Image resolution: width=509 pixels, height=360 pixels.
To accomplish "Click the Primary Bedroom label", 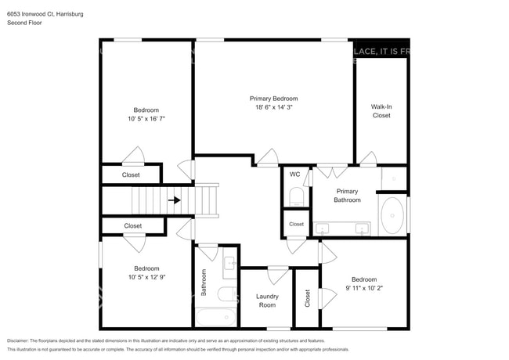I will pyautogui.click(x=273, y=99).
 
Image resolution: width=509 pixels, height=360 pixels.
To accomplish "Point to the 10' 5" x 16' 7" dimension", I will pyautogui.click(x=146, y=119).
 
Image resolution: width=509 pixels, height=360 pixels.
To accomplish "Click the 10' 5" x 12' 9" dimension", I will pyautogui.click(x=146, y=277).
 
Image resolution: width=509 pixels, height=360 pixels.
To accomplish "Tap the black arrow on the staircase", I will pyautogui.click(x=175, y=200).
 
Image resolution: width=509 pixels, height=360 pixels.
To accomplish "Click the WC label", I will pyautogui.click(x=295, y=175).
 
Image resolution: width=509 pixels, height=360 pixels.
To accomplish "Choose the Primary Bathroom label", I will pyautogui.click(x=348, y=196).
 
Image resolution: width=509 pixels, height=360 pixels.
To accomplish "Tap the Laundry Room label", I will pyautogui.click(x=267, y=300).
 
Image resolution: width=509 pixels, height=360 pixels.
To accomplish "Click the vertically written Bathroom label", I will pyautogui.click(x=204, y=283).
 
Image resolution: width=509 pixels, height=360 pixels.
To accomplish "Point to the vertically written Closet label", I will pyautogui.click(x=307, y=298).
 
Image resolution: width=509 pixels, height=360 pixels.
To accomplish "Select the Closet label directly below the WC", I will pyautogui.click(x=296, y=224).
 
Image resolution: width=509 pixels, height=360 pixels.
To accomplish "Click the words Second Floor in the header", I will pyautogui.click(x=26, y=23).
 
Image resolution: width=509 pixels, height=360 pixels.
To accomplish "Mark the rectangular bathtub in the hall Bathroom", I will pyautogui.click(x=216, y=318).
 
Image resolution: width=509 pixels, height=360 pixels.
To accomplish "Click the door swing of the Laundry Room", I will pyautogui.click(x=277, y=275).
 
